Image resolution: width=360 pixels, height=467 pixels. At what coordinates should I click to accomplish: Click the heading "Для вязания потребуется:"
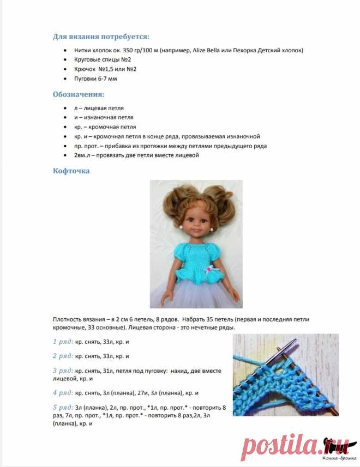click(x=101, y=37)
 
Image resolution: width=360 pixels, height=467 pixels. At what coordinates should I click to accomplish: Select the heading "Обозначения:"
click(x=79, y=94)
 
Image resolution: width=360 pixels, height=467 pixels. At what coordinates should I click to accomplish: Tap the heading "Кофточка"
click(x=71, y=171)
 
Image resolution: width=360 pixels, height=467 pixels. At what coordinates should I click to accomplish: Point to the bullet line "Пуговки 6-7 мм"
click(x=95, y=78)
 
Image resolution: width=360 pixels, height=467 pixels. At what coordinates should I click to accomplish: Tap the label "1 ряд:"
click(x=63, y=342)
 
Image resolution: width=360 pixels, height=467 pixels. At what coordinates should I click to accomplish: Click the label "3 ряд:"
click(x=63, y=371)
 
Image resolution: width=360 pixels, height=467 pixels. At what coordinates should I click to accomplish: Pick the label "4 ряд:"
click(x=63, y=392)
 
